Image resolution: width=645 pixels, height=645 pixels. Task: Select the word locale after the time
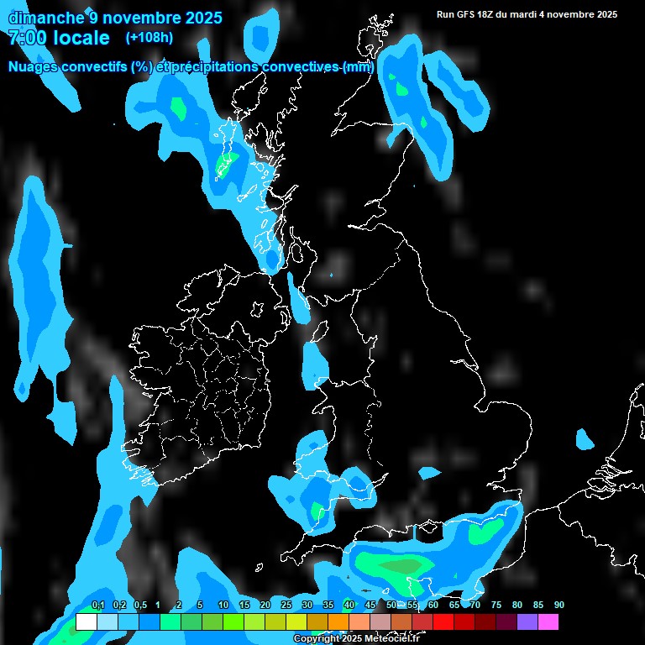pos(81,38)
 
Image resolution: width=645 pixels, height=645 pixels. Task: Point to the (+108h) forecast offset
pos(149,37)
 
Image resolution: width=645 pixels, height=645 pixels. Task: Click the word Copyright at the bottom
pos(315,639)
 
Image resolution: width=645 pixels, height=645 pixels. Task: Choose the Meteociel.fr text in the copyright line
pos(391,639)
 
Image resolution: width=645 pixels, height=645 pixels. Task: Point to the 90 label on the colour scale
pos(559,605)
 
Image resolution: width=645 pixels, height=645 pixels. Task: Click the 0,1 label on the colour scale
pos(98,605)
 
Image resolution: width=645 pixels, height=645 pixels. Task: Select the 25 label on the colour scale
pos(286,605)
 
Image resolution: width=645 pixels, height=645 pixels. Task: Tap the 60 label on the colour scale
pos(433,605)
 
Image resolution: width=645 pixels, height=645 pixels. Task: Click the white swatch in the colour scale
pos(86,621)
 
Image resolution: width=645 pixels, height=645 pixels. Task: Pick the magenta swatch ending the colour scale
pos(548,621)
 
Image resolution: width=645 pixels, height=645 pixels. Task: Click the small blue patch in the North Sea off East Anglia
pos(585,438)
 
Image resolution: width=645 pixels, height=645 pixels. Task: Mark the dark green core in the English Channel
pos(404,566)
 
